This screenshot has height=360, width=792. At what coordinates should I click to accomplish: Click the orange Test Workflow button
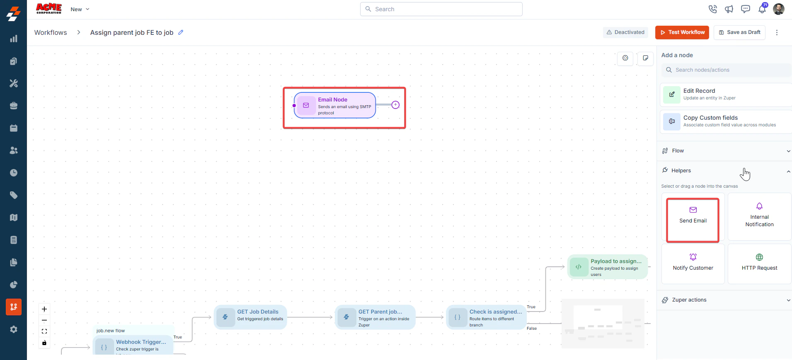coord(682,32)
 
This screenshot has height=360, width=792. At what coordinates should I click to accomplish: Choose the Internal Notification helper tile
coord(759,217)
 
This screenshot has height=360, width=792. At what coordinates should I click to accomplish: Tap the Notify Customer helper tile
coord(693,263)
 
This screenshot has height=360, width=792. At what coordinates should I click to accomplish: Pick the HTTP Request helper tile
coord(759,263)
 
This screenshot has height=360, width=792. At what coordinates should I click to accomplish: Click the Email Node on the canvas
coord(335,105)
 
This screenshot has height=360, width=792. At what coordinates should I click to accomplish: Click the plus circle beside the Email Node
coord(395,105)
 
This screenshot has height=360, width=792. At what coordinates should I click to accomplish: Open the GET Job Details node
coord(250,317)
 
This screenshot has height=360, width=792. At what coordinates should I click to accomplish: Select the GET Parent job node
coord(375,317)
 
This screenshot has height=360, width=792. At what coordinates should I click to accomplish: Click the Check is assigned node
coord(486,317)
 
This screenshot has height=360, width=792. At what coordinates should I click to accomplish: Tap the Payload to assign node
coord(607,267)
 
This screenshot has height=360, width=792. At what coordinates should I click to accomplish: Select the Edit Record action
coord(726,94)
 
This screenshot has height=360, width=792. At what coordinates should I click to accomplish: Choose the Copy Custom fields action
coord(726,121)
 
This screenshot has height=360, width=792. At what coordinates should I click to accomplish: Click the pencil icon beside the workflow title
coord(181,32)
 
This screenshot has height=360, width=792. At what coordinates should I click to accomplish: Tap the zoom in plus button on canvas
coord(44,309)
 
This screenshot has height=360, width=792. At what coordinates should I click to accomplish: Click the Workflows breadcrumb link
coord(51,33)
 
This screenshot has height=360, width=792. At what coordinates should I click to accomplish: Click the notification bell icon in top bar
coord(762,9)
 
